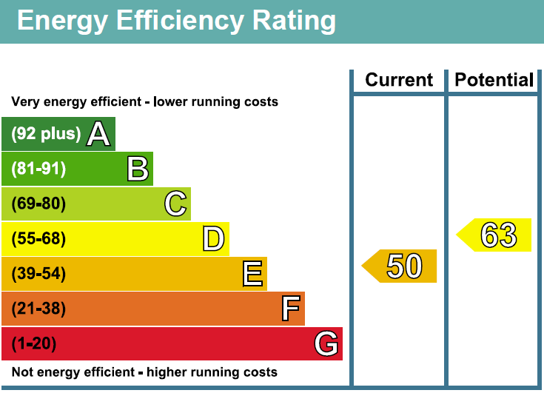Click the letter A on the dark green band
click(x=98, y=134)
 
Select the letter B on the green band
click(x=138, y=169)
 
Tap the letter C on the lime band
click(x=175, y=204)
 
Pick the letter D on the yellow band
click(x=213, y=239)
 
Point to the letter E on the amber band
click(x=252, y=274)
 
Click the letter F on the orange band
click(x=290, y=309)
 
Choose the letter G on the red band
click(x=326, y=344)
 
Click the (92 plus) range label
click(x=46, y=134)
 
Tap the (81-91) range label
click(x=38, y=169)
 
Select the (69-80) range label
click(x=38, y=204)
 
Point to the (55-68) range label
click(x=38, y=239)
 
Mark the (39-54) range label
click(x=38, y=274)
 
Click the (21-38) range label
click(x=38, y=309)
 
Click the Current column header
click(x=399, y=80)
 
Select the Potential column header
click(x=494, y=80)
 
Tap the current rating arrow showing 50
click(x=400, y=266)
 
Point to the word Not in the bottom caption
click(x=22, y=372)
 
